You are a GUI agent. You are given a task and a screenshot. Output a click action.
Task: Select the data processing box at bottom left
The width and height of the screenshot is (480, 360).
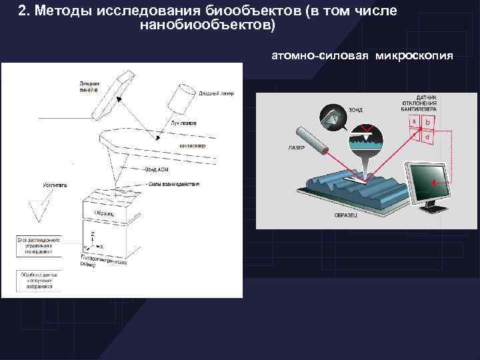tap(39, 282)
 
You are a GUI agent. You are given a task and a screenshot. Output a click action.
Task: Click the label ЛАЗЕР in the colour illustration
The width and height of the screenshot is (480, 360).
tap(297, 147)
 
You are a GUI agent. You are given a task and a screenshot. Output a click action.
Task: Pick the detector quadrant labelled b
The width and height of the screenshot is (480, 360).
tap(427, 122)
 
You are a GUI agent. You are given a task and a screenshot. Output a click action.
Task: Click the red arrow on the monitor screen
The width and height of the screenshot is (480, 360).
tap(433, 181)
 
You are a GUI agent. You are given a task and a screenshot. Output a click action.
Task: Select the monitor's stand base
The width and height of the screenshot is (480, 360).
tap(433, 209)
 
